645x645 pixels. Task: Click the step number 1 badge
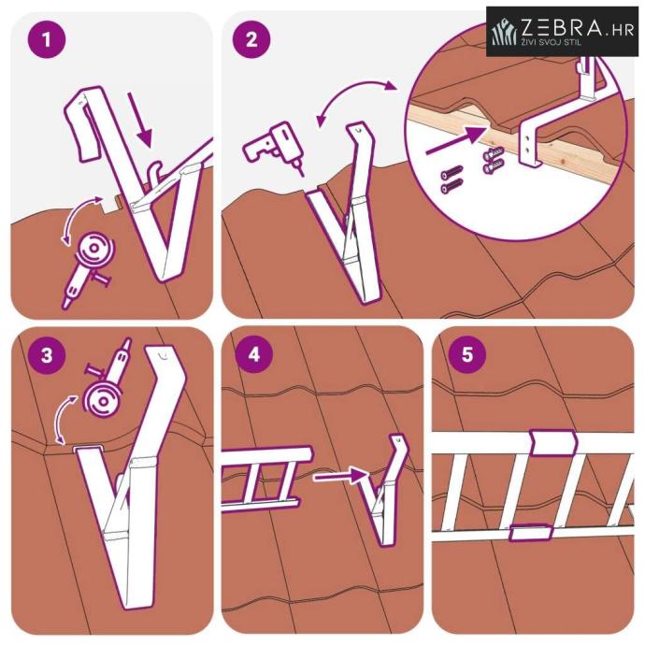pyautogui.click(x=47, y=39)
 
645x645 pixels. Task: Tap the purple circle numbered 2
pyautogui.click(x=251, y=39)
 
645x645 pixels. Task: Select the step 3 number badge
pyautogui.click(x=47, y=355)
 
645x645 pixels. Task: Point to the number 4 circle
pyautogui.click(x=254, y=354)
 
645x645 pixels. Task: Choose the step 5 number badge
pyautogui.click(x=466, y=353)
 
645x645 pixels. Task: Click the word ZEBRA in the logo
pyautogui.click(x=562, y=28)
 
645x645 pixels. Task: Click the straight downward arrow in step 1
pyautogui.click(x=140, y=120)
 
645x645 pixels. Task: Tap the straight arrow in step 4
pyautogui.click(x=340, y=476)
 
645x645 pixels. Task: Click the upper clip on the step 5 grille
pyautogui.click(x=552, y=442)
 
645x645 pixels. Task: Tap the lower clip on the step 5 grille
pyautogui.click(x=530, y=532)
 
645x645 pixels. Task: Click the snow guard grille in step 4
pyautogui.click(x=265, y=479)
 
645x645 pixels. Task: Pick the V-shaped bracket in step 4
pyautogui.click(x=383, y=490)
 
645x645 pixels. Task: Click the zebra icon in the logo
pyautogui.click(x=504, y=31)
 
